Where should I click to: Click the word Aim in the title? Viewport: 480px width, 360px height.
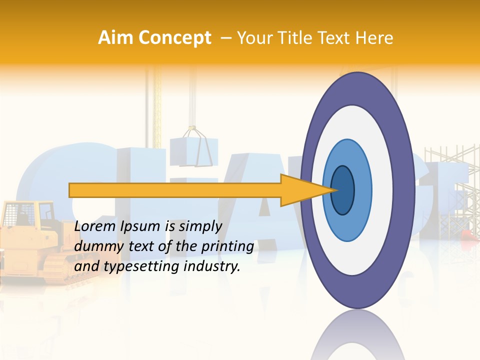click(114, 38)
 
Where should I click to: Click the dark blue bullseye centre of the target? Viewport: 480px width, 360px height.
click(342, 190)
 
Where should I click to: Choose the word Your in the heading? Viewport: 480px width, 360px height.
click(253, 38)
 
